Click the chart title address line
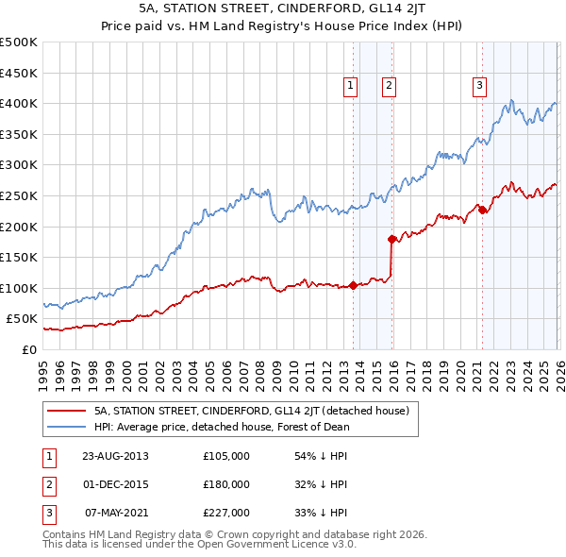click(283, 10)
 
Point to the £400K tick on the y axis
click(19, 103)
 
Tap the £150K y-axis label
click(19, 257)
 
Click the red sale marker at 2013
click(354, 285)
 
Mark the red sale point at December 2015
click(391, 239)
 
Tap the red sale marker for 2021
click(482, 210)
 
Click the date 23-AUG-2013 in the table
click(115, 456)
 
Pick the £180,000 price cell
click(226, 484)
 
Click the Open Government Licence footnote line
click(200, 546)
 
